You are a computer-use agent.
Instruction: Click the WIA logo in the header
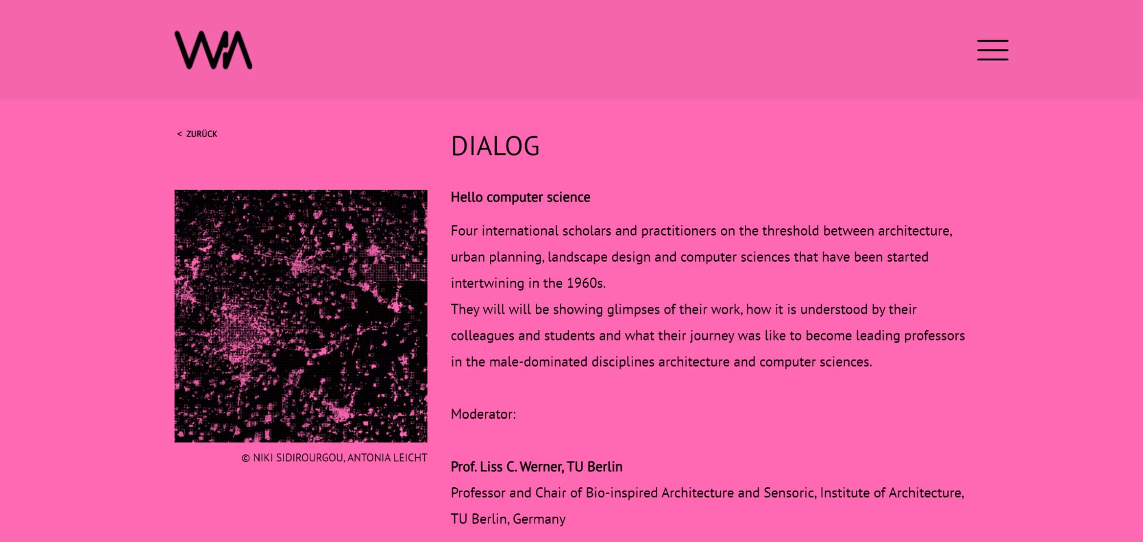tap(213, 50)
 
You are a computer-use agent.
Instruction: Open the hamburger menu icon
tap(993, 50)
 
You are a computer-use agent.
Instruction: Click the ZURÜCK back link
tap(197, 134)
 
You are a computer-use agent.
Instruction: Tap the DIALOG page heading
tap(495, 146)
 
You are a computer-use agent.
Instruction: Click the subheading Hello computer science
tap(520, 197)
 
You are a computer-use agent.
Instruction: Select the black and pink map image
tap(301, 316)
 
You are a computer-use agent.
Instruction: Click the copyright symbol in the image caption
tap(245, 458)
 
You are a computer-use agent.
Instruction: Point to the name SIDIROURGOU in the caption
tap(309, 458)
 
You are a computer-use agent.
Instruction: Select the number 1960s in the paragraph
tap(586, 283)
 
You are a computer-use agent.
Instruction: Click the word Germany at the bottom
tap(539, 519)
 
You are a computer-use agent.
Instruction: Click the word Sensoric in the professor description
tap(790, 493)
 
